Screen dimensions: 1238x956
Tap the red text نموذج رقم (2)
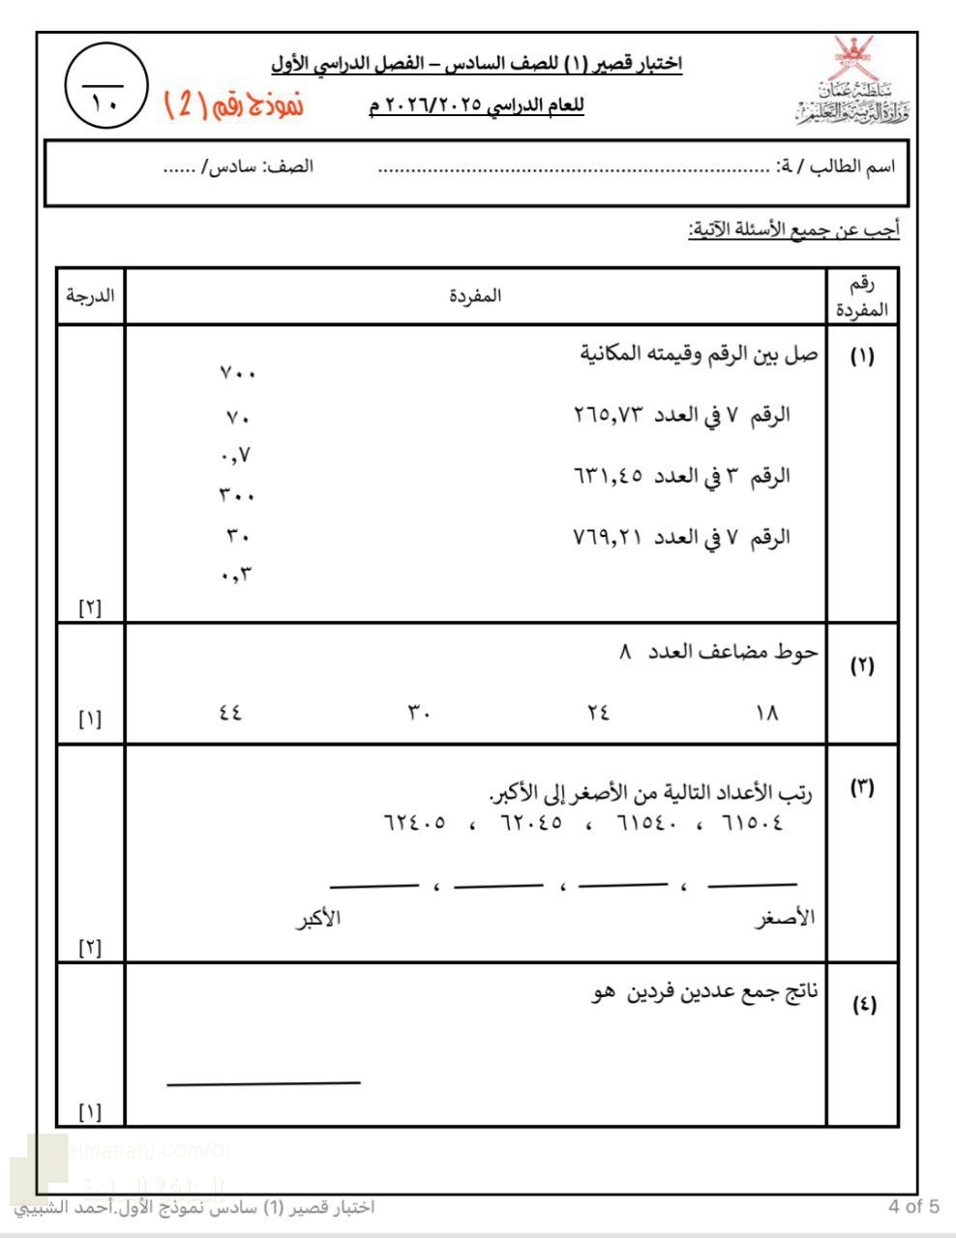(x=233, y=103)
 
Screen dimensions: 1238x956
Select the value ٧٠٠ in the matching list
(x=238, y=373)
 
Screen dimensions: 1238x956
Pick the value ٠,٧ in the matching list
(x=236, y=455)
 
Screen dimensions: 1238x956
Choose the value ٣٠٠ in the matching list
(x=237, y=495)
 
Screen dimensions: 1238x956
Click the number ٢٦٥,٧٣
(x=609, y=415)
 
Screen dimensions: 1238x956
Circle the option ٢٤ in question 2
(x=598, y=713)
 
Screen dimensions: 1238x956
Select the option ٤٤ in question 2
(x=230, y=713)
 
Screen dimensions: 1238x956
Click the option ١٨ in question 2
(x=766, y=713)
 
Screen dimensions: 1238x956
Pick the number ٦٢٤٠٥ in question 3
(x=415, y=824)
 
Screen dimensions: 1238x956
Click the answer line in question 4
(x=263, y=1083)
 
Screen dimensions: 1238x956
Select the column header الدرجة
(x=90, y=295)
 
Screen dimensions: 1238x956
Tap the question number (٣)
(x=862, y=787)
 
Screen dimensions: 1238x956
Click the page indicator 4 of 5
(x=913, y=1206)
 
